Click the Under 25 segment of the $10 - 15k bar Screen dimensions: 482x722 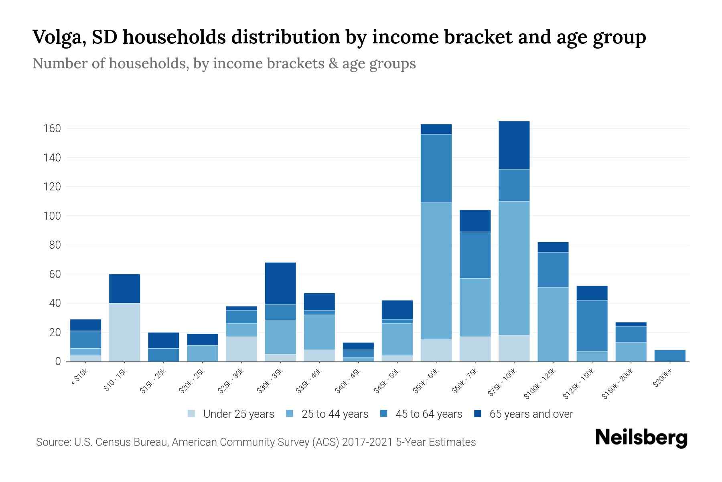(124, 332)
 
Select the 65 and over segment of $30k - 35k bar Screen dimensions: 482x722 (280, 283)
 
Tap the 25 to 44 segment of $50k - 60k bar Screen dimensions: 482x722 (436, 271)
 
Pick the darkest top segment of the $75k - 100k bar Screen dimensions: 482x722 (514, 145)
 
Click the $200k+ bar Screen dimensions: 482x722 (670, 356)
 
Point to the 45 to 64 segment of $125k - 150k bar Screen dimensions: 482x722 (592, 325)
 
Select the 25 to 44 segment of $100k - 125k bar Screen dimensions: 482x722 (553, 324)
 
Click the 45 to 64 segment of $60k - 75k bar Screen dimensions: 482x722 (475, 255)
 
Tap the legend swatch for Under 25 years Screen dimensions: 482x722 (192, 414)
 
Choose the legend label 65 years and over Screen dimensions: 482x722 (531, 414)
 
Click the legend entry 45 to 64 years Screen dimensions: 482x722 (429, 414)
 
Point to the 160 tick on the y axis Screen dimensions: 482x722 (52, 129)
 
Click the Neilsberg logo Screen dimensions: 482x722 (641, 438)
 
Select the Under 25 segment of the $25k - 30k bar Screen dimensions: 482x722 (241, 349)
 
